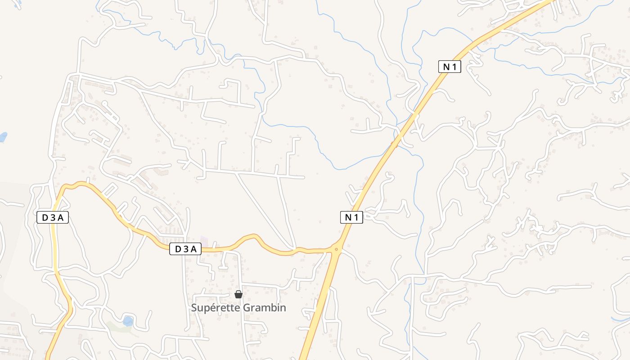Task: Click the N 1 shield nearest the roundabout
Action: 351,218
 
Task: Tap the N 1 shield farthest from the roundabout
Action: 450,67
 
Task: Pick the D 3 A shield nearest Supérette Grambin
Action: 185,249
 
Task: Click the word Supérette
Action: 216,308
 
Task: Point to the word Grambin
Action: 264,308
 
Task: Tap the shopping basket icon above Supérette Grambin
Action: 238,295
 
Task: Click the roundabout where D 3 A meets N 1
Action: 336,248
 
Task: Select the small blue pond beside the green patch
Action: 128,321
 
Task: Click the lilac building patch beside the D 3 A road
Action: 204,241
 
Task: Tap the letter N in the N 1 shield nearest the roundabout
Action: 348,218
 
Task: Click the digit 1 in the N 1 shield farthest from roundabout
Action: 455,67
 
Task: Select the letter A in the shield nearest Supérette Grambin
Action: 194,249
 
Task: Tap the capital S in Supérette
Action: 194,308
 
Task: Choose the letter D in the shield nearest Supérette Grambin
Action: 177,249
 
